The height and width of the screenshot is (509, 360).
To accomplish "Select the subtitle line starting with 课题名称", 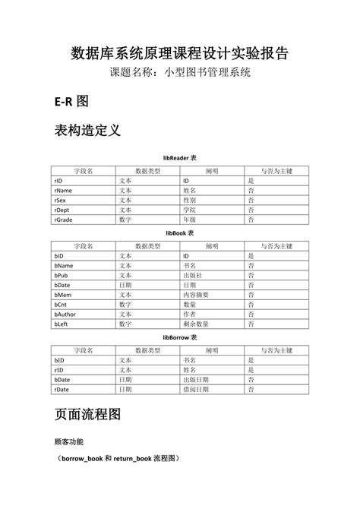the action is (x=180, y=74).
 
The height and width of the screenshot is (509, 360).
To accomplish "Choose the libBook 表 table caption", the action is (x=180, y=233).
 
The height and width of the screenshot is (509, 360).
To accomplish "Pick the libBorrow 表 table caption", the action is (x=180, y=337).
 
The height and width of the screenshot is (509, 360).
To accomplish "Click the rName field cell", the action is (x=64, y=191).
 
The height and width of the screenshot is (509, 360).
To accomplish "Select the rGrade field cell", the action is (x=64, y=219).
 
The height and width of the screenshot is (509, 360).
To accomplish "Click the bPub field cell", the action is (x=62, y=276).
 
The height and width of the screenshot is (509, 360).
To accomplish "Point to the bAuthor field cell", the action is (x=66, y=314).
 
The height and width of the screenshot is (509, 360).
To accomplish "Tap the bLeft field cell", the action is (x=62, y=324).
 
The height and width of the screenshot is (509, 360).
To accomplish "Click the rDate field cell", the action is (x=62, y=388).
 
